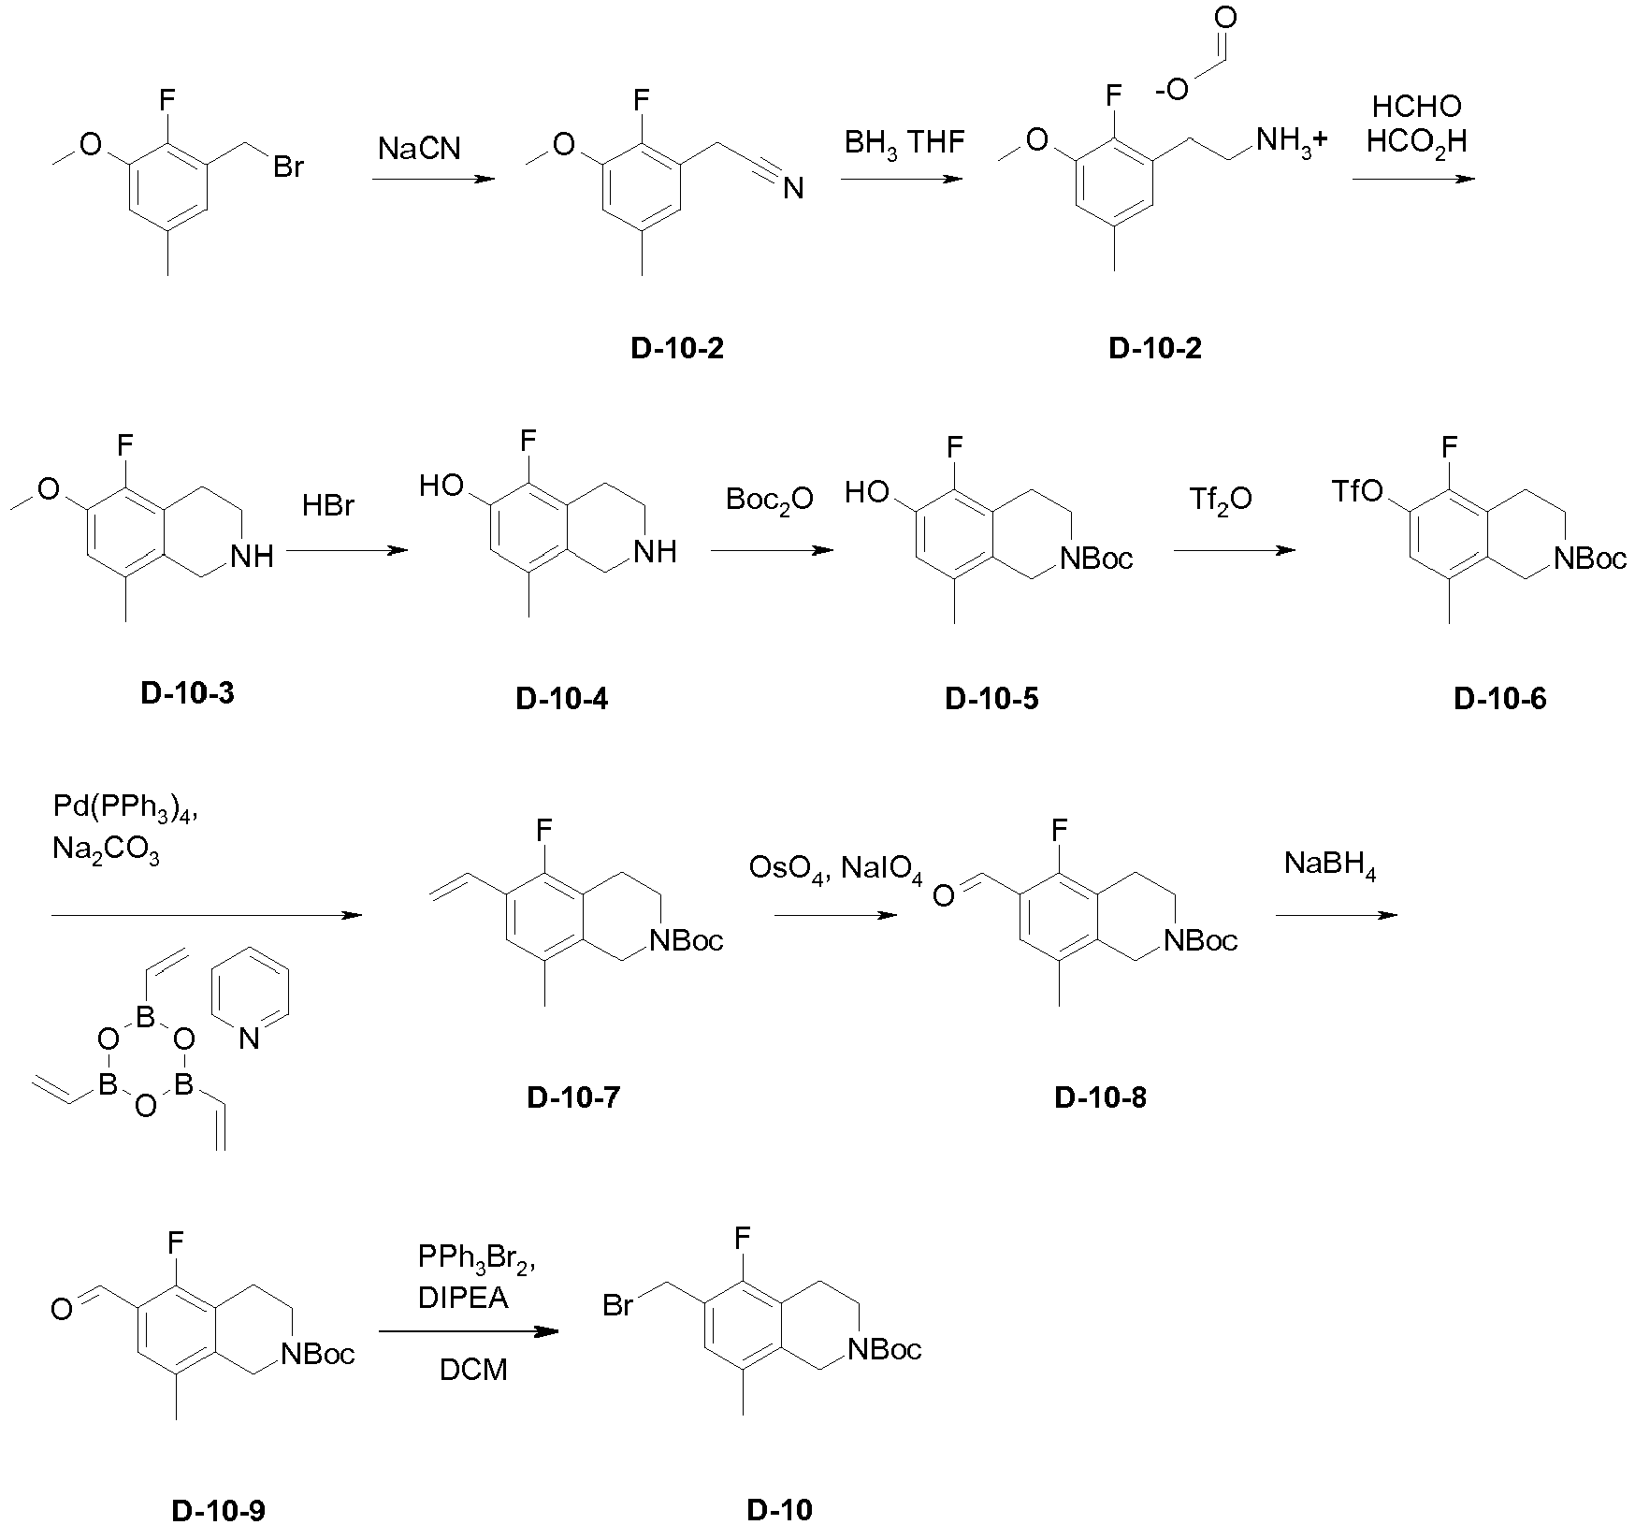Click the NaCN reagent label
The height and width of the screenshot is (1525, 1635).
click(x=419, y=149)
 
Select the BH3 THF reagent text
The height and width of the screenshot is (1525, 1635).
click(x=904, y=142)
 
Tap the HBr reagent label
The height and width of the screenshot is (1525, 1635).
click(x=328, y=506)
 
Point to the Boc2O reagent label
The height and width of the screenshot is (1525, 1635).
click(x=769, y=500)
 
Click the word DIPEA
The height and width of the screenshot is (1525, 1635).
click(x=463, y=1300)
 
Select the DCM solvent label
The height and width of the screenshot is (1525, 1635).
click(x=473, y=1371)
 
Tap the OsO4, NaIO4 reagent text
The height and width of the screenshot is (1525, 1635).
click(x=835, y=870)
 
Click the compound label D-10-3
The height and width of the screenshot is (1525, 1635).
click(x=188, y=693)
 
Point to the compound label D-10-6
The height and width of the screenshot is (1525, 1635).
click(x=1500, y=698)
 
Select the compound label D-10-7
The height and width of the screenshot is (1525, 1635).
click(x=573, y=1097)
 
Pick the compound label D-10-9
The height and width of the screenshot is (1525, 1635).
click(x=219, y=1510)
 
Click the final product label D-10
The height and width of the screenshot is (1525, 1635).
click(x=779, y=1509)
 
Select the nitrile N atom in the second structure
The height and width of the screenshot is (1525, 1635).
click(x=793, y=190)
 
